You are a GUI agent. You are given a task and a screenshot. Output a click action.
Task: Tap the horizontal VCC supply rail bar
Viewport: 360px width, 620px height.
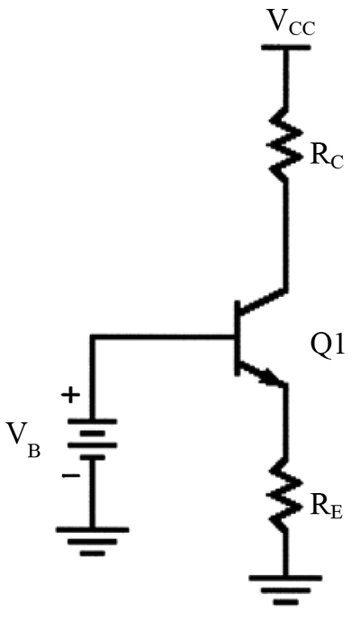[284, 48]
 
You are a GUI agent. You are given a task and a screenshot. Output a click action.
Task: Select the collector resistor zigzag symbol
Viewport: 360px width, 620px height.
[285, 144]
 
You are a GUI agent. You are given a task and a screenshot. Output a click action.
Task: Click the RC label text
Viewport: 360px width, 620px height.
[327, 157]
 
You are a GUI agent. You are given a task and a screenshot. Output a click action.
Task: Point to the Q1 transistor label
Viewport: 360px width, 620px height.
[328, 348]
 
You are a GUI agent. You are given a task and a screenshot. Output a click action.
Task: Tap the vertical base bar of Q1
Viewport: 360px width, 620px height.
[238, 337]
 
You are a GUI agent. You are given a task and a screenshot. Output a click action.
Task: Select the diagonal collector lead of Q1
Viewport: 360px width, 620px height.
[263, 301]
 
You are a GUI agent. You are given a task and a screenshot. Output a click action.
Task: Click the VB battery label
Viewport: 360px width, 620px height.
[23, 439]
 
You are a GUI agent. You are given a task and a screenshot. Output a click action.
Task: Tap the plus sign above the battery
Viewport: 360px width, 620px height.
[70, 394]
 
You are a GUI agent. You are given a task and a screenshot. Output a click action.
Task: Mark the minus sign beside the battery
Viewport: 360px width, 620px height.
[71, 475]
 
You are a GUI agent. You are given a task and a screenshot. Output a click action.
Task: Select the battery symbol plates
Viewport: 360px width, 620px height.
[93, 439]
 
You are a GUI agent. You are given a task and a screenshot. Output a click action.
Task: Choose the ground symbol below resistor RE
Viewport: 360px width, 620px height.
[285, 590]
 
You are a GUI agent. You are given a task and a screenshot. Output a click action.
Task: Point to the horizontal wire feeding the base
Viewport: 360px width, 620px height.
[163, 337]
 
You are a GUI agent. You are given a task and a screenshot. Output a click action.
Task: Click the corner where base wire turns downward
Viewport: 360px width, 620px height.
[93, 337]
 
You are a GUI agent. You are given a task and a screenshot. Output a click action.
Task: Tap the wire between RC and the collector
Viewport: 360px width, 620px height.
[285, 236]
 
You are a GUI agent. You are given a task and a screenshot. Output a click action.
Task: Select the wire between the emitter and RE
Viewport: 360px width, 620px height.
[285, 421]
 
